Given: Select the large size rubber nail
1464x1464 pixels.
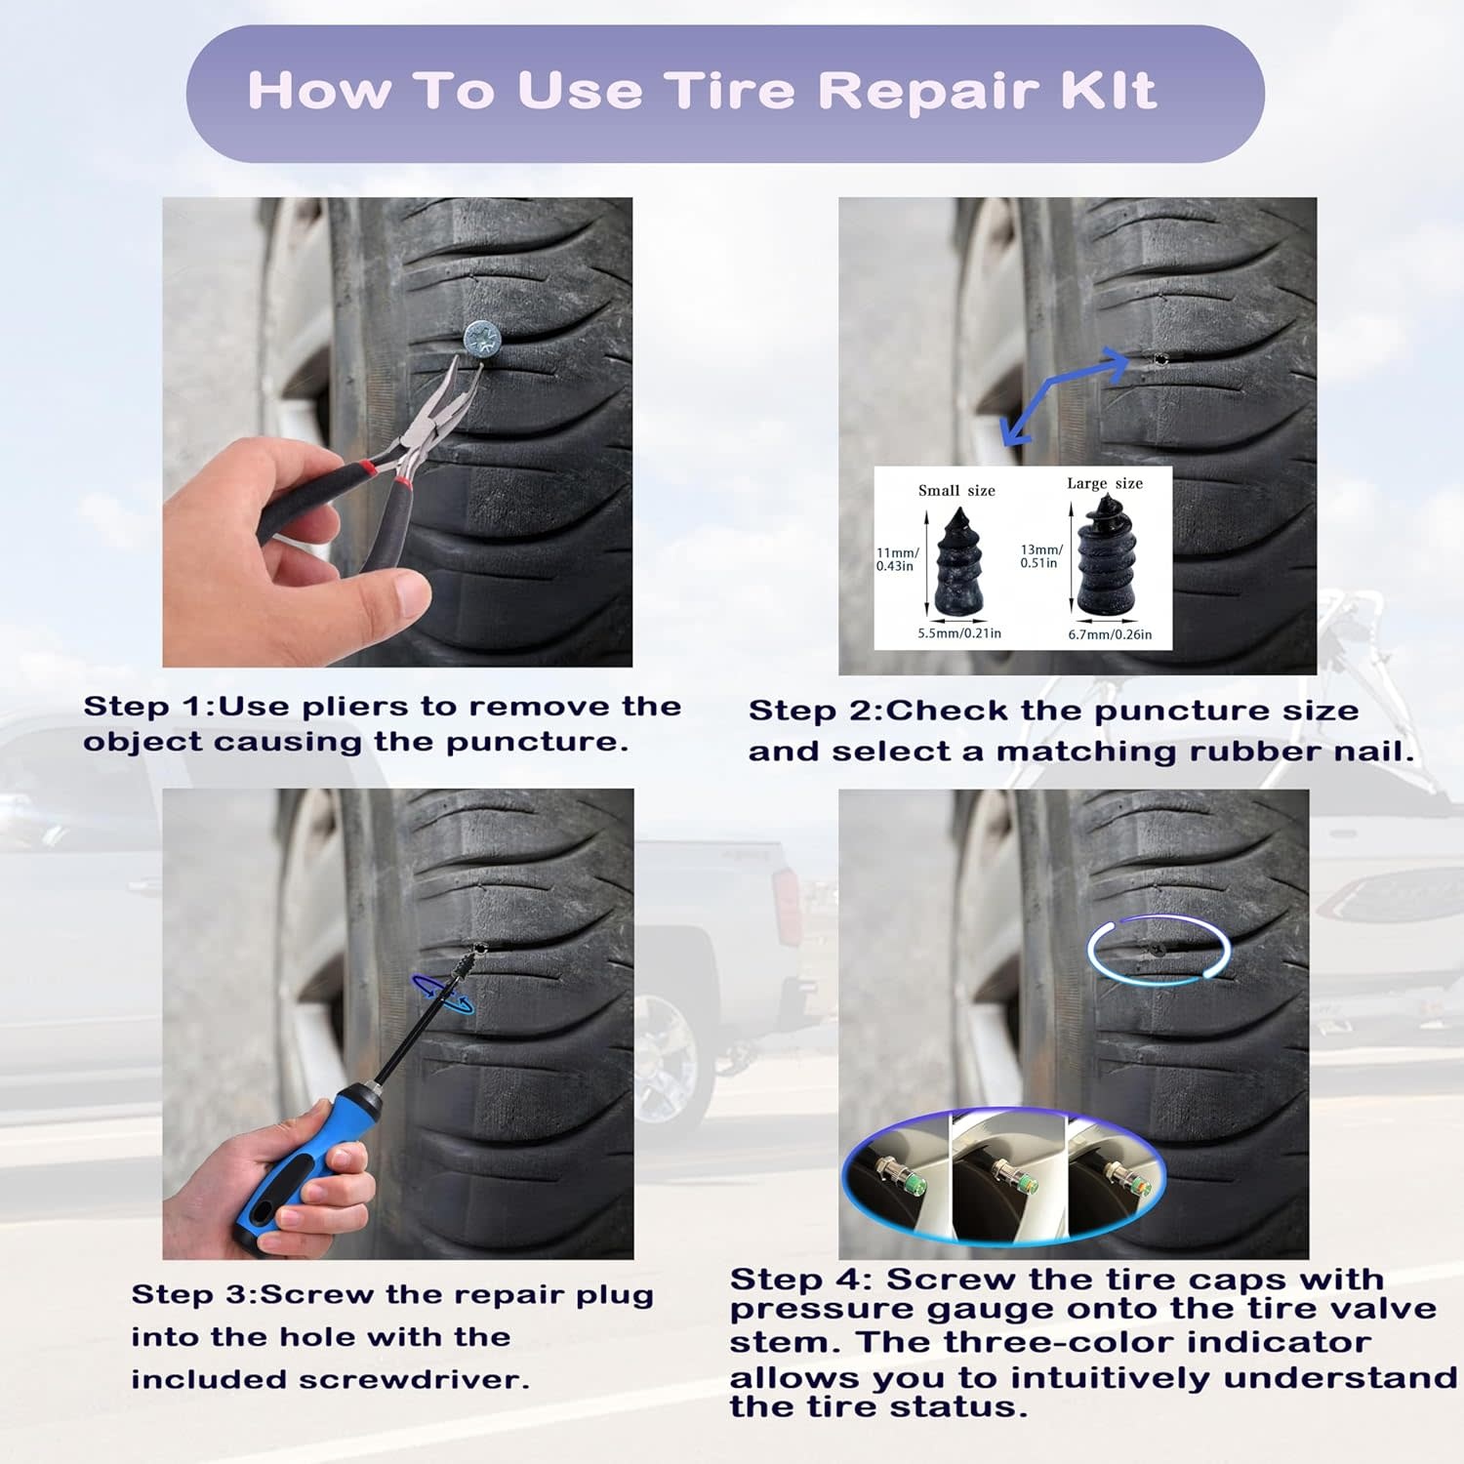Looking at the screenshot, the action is point(1106,555).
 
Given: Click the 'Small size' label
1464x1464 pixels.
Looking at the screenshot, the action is point(956,490).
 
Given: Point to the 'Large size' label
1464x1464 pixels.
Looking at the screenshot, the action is point(1105,483).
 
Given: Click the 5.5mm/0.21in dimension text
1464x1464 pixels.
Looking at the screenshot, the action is point(959,633).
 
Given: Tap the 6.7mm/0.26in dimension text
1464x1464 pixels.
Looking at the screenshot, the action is point(1110,634).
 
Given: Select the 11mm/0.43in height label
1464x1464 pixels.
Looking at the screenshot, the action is point(897,559).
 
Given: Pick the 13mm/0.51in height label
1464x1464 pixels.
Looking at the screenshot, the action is point(1041,556).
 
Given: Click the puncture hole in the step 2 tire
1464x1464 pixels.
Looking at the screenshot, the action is point(1159,359).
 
